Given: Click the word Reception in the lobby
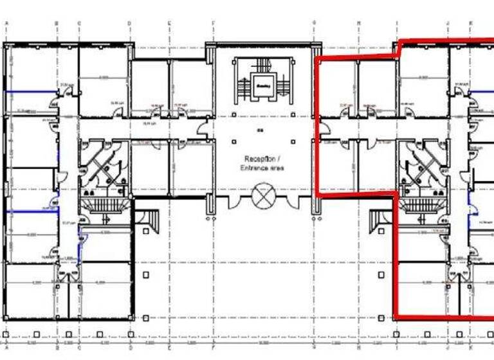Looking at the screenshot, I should (259, 159).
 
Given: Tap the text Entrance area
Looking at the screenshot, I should (262, 168).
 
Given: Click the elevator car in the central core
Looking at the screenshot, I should (263, 84).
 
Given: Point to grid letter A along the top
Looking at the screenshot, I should (6, 24).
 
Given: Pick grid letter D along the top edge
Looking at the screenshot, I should (129, 24).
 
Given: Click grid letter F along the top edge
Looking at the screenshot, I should (212, 24).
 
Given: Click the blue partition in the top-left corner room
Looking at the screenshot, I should (29, 91).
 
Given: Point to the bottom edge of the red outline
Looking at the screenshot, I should (444, 316).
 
